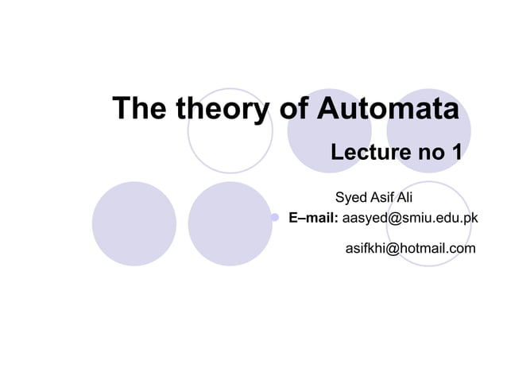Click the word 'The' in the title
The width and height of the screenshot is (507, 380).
tap(140, 109)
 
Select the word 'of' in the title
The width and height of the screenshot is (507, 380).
tap(295, 109)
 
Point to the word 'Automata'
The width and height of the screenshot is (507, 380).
tap(388, 109)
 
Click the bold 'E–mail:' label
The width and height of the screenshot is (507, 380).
tap(313, 217)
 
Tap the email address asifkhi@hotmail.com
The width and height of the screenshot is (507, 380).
tap(410, 249)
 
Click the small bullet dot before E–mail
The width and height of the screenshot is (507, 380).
tap(274, 217)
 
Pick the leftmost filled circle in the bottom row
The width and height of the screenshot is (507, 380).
tap(134, 223)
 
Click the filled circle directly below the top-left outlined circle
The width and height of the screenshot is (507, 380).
tap(230, 223)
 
